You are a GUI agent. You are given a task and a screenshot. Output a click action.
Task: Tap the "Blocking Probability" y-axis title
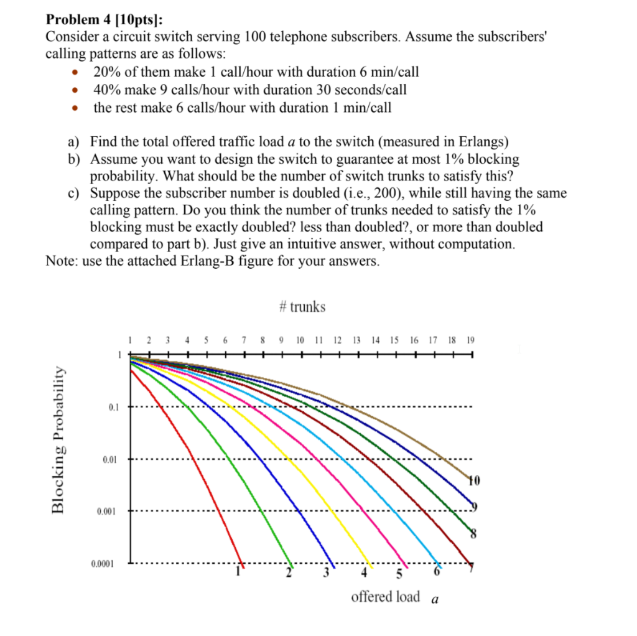[x=58, y=439]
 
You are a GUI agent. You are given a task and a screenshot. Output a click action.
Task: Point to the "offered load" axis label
[x=386, y=597]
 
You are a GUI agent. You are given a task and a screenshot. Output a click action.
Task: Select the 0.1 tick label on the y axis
[x=112, y=408]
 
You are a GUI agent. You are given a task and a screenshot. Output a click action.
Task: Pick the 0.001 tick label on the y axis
[x=106, y=512]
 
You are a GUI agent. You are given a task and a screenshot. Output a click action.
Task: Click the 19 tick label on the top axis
[x=470, y=340]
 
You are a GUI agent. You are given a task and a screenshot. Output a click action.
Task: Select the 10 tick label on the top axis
[x=301, y=340]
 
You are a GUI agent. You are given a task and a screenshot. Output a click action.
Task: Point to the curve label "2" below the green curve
[x=288, y=573]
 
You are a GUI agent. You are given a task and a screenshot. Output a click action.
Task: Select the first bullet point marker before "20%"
[x=74, y=73]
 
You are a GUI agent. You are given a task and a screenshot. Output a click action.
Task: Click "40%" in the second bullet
[x=108, y=90]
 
